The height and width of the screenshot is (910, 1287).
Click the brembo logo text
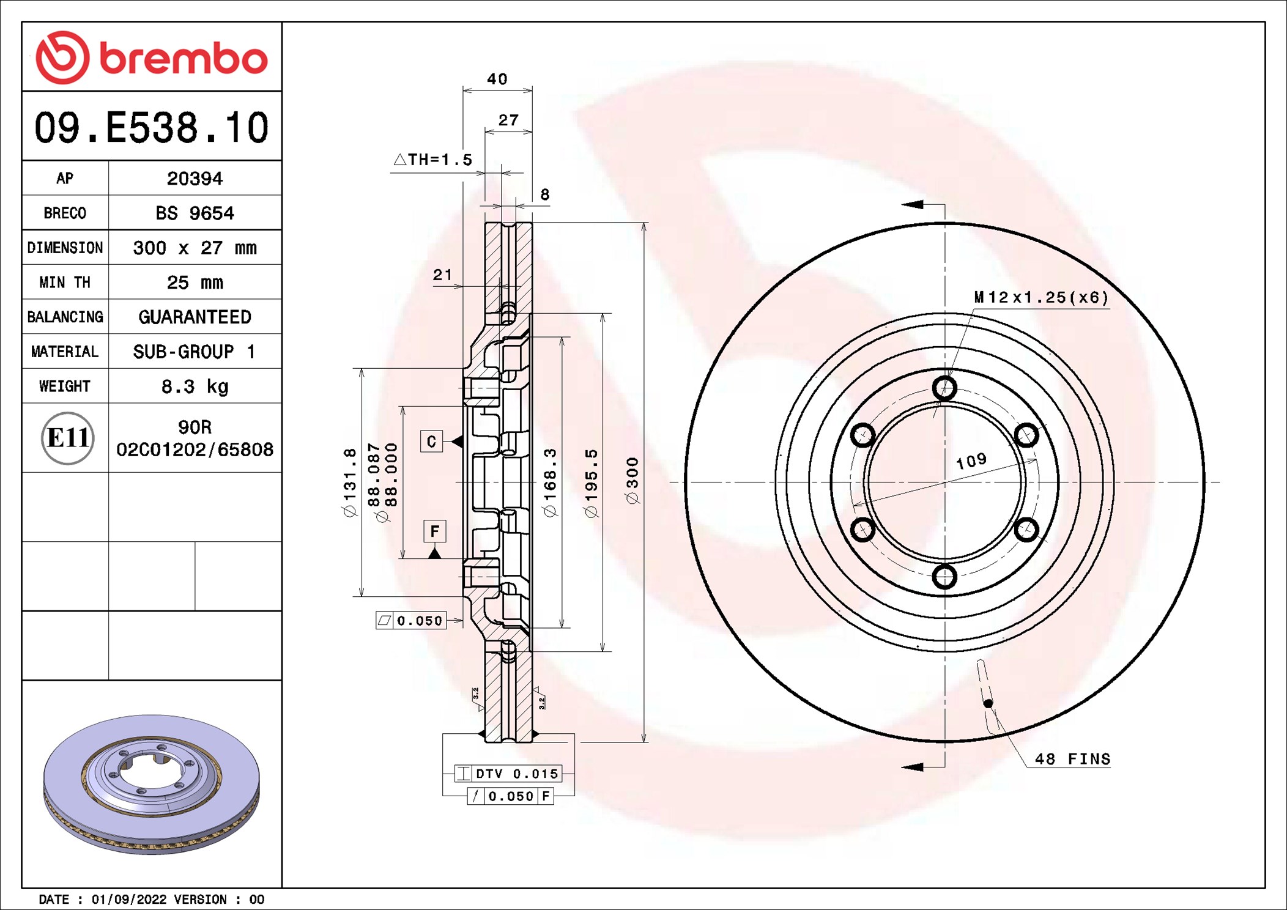[x=183, y=59]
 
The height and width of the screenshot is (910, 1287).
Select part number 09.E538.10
[x=151, y=128]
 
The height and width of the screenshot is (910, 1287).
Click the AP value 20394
[x=195, y=179]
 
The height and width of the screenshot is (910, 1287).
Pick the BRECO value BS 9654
[x=195, y=213]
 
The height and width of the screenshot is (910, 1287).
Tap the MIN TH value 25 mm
[x=195, y=283]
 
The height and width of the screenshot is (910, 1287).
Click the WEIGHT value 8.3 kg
[x=195, y=387]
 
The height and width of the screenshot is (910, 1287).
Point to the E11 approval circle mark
[x=67, y=438]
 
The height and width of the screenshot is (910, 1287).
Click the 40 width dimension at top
[x=497, y=79]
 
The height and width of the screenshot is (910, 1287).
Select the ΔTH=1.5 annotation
[x=432, y=160]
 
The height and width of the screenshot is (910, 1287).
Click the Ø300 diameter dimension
[x=632, y=481]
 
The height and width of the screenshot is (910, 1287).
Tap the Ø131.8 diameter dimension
[x=349, y=483]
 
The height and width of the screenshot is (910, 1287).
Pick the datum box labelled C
[x=431, y=441]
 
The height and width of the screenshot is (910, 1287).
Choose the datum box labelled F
[x=434, y=531]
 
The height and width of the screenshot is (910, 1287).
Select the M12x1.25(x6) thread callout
[x=1040, y=298]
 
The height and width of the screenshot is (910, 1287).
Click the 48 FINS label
[x=1072, y=759]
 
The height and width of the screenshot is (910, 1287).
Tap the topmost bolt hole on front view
[x=944, y=388]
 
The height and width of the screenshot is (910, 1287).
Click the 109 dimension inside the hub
[x=971, y=461]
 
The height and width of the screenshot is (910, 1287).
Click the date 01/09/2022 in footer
[x=128, y=899]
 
